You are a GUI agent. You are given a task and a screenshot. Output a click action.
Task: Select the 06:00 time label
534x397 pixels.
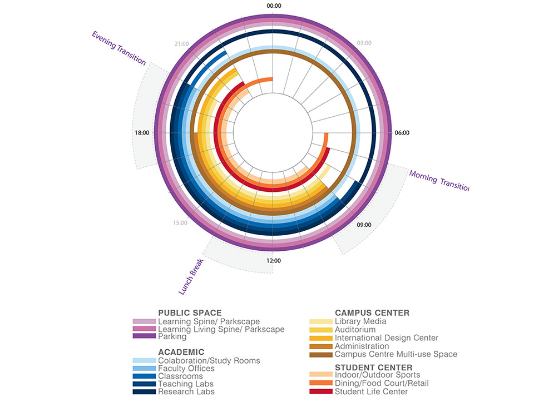tap(402, 133)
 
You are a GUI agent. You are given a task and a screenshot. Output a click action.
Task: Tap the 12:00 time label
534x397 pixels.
tap(274, 261)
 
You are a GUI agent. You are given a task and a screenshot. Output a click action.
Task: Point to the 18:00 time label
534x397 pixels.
tap(142, 133)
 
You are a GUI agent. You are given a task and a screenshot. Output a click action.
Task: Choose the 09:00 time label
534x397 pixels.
tap(364, 225)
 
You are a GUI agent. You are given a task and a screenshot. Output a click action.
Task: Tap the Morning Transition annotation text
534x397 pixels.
tap(439, 181)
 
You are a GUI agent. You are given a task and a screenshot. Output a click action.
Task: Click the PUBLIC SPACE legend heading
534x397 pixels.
tap(190, 313)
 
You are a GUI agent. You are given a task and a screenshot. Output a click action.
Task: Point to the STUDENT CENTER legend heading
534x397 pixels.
tap(373, 368)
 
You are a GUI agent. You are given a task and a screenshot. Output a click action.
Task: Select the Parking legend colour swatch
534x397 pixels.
tap(144, 337)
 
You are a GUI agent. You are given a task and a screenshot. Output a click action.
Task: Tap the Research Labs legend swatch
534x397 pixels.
tap(144, 392)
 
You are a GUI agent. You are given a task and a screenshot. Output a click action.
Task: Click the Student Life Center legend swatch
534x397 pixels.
tap(320, 392)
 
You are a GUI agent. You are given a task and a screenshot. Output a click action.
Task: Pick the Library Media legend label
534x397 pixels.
tap(360, 321)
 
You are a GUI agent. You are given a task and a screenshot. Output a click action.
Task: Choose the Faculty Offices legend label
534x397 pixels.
tap(186, 369)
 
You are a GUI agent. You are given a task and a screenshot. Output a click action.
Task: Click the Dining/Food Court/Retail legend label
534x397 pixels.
tap(382, 384)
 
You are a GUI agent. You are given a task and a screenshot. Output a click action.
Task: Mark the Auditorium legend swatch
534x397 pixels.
tap(320, 330)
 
